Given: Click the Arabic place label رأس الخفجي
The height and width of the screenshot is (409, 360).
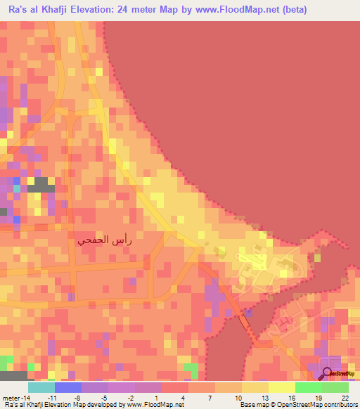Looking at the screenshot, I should point(103,240).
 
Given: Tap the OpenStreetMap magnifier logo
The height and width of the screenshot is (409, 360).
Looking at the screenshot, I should point(328,375).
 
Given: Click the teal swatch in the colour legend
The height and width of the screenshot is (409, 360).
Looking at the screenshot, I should point(41,387).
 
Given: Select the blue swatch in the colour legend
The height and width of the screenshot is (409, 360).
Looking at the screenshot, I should point(68,387).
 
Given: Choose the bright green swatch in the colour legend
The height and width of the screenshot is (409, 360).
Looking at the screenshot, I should point(309,387).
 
